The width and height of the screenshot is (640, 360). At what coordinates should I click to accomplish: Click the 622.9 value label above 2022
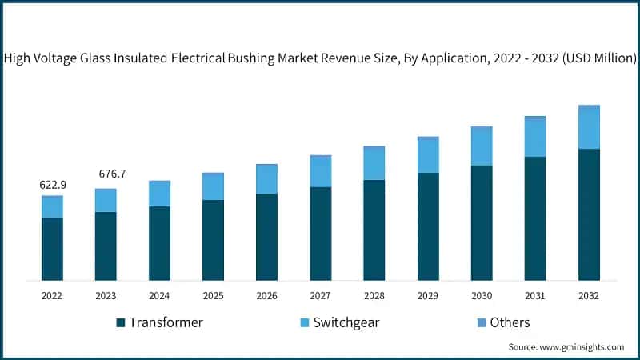coord(53,185)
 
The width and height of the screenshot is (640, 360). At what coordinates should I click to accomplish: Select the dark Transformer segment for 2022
coord(53,249)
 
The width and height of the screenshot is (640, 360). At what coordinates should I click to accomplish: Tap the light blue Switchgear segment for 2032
coord(589,128)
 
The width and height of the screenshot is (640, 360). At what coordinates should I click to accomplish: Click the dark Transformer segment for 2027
coord(321,234)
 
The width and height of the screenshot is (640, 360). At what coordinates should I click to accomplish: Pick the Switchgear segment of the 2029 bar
coord(428,156)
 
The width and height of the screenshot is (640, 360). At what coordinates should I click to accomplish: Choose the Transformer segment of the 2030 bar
coord(482,223)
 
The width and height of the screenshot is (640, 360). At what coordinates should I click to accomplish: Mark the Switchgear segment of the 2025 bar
coord(213,187)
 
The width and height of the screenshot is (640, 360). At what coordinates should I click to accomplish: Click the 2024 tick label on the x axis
coord(159,295)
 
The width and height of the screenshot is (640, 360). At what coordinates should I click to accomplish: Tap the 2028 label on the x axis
coord(374,295)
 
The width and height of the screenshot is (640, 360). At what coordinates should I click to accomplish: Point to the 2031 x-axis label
coord(535,295)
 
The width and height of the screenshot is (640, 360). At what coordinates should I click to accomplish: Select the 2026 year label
coord(266,295)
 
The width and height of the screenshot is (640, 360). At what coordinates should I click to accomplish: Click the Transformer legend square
coord(121,322)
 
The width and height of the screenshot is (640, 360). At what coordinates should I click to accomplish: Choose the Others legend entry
coord(503,322)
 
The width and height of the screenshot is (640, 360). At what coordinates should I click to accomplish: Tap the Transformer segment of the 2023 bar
coord(106,246)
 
